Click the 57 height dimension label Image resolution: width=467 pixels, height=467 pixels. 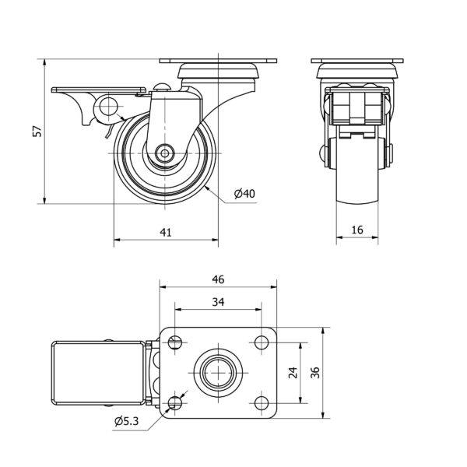[36, 132]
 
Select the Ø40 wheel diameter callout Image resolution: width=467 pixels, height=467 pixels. [244, 194]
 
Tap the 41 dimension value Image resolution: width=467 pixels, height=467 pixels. [167, 231]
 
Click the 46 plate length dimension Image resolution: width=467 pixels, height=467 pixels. [218, 279]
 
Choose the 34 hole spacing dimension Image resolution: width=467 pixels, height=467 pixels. [218, 302]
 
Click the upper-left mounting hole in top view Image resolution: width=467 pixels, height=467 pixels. [174, 342]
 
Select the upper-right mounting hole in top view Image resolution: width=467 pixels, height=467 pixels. [260, 342]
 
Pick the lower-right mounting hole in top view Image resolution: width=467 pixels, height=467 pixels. [260, 402]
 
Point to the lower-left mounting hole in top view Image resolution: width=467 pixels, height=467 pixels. [174, 402]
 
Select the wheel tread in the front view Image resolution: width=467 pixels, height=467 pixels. [356, 175]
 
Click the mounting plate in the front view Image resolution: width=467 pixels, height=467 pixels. [356, 61]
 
